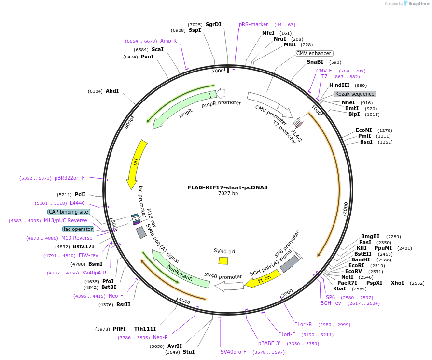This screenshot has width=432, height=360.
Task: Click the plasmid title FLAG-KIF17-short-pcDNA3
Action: (x=228, y=187)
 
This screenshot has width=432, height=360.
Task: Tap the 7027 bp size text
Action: (x=228, y=194)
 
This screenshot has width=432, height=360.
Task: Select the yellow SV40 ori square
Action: (x=223, y=260)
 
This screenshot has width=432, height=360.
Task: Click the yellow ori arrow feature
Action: (x=135, y=164)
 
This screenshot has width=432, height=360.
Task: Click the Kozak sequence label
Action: (x=355, y=94)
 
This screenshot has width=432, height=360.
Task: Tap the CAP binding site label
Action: (x=69, y=212)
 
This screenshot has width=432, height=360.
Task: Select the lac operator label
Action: (x=78, y=229)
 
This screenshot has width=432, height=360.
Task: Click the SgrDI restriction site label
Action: (x=213, y=24)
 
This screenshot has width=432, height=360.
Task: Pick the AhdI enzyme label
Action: (x=112, y=91)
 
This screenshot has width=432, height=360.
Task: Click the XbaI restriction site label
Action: (x=339, y=288)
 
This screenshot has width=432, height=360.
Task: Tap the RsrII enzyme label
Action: (x=124, y=304)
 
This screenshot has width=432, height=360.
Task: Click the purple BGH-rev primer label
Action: (x=331, y=303)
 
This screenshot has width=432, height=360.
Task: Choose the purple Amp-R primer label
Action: (x=168, y=41)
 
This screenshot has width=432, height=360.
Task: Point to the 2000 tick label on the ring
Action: (x=345, y=208)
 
